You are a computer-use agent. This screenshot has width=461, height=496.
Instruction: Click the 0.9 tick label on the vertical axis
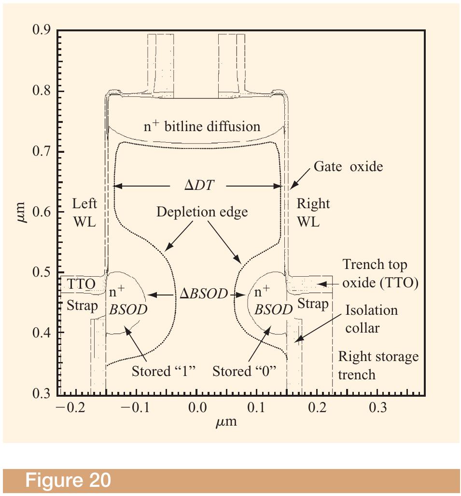[x=41, y=29]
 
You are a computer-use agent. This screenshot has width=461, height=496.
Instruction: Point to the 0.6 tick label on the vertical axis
[x=41, y=212]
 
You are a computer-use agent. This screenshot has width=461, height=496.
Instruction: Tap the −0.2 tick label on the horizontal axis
[x=70, y=407]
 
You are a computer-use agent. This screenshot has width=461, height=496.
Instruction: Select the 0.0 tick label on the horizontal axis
[x=197, y=407]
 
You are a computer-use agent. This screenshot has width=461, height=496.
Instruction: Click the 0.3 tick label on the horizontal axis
[x=377, y=407]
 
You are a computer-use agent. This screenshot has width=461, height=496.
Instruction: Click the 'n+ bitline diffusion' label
[x=202, y=126]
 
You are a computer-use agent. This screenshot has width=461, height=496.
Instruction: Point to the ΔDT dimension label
[x=199, y=185]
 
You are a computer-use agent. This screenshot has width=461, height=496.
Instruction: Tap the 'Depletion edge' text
[x=202, y=212]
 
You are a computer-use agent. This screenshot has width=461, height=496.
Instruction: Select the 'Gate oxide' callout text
[x=348, y=166]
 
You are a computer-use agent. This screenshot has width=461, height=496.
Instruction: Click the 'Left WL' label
[x=84, y=213]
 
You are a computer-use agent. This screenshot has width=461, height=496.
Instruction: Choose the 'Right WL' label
[x=313, y=213]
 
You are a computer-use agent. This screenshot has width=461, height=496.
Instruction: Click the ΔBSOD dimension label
[x=204, y=294]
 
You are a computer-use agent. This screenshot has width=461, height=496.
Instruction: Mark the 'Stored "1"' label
[x=164, y=371]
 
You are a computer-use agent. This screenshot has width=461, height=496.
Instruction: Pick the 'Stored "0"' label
[x=244, y=371]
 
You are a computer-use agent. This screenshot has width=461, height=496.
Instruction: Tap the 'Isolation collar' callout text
[x=371, y=319]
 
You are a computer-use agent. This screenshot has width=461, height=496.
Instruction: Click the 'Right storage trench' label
[x=378, y=365]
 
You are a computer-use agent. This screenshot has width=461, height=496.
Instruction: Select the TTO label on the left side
[x=81, y=284]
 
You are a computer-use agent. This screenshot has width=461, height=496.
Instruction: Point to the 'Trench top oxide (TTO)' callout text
[x=380, y=273]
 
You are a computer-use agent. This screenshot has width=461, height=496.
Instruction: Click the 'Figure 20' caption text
[x=68, y=480]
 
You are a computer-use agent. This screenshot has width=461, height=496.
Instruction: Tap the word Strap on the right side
[x=313, y=304]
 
